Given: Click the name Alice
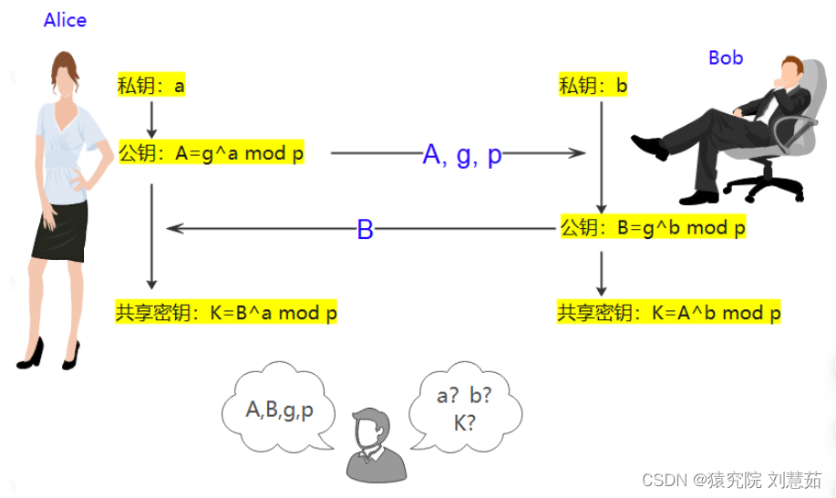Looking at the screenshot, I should (65, 20).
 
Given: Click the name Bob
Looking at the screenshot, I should (726, 57).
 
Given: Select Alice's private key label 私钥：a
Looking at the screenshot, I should (151, 87).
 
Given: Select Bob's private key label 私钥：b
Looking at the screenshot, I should (593, 87).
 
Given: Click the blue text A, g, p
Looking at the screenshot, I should (462, 155).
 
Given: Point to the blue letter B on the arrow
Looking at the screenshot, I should (365, 230).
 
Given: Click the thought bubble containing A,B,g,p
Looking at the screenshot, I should (278, 410).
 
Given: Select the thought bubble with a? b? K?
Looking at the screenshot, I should (465, 410).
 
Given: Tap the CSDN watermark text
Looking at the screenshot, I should (730, 480).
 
